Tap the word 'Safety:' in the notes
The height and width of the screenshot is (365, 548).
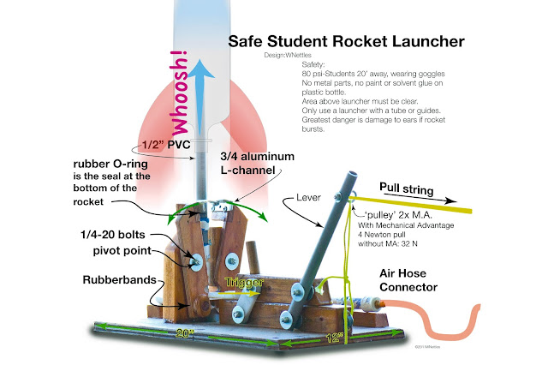pyautogui.click(x=316, y=64)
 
